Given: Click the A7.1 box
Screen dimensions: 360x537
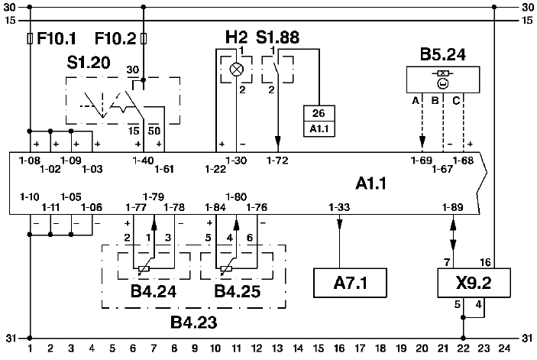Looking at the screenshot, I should (351, 283).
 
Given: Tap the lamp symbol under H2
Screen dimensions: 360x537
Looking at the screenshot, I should (237, 68).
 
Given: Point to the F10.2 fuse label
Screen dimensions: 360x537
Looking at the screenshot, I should (115, 37).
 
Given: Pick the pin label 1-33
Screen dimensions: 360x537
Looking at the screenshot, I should (339, 207).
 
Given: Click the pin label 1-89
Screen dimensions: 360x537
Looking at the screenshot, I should (453, 207).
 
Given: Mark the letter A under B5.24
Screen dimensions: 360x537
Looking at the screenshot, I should (415, 100).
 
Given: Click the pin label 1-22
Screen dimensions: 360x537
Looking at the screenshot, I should (215, 167).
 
